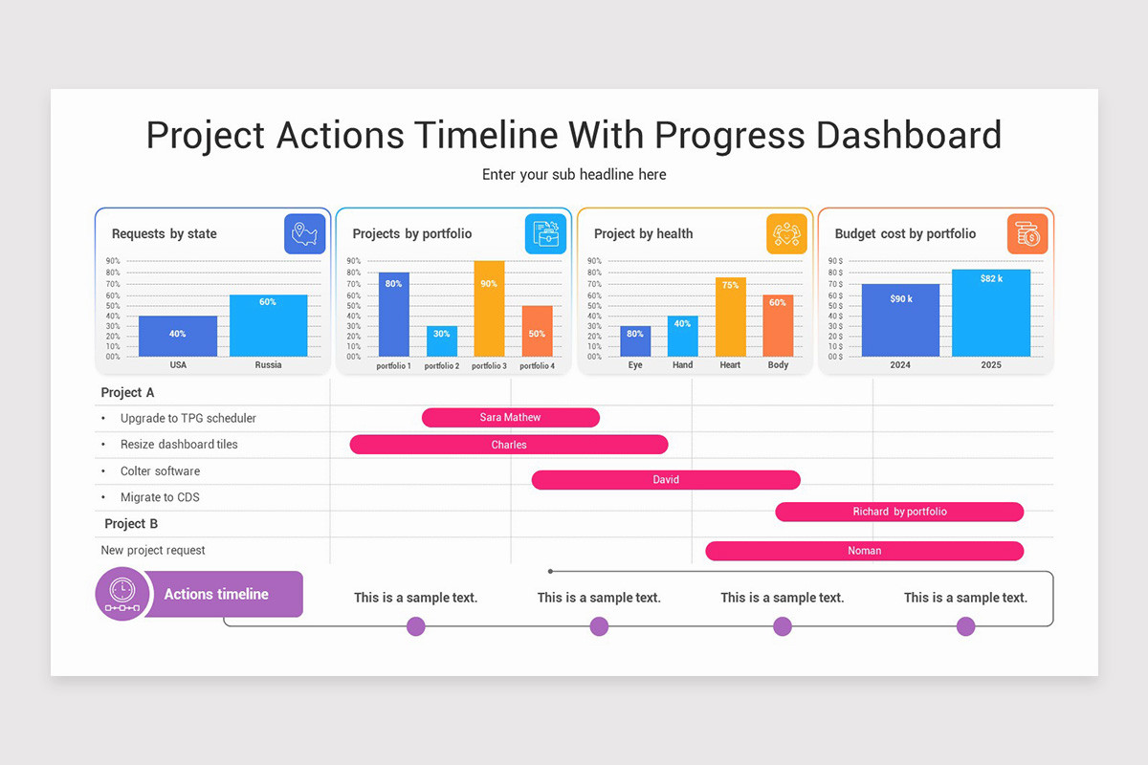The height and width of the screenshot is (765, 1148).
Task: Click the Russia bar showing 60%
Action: (268, 325)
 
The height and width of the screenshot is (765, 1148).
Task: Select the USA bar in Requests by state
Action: (178, 336)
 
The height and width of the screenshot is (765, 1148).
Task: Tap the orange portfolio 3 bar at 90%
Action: (489, 308)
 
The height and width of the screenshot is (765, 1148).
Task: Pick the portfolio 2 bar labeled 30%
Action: (442, 340)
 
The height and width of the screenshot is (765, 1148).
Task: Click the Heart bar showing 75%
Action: (730, 317)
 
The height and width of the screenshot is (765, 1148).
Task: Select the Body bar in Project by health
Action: (778, 325)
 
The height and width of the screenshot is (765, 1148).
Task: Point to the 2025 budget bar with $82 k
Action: (991, 313)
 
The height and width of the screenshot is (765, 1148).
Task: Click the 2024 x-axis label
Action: (900, 365)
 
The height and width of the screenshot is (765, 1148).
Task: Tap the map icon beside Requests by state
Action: (304, 233)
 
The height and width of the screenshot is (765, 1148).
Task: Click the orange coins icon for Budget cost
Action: (1027, 233)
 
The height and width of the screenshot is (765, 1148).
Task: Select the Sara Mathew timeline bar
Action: (510, 417)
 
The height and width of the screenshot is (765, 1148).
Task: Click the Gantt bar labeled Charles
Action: (508, 445)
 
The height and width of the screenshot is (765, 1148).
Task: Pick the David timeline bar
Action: (665, 480)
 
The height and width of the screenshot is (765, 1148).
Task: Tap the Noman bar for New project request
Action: (864, 551)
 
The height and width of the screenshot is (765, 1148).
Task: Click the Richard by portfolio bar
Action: (899, 512)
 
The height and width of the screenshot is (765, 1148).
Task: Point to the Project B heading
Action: (131, 524)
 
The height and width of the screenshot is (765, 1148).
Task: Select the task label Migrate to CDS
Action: (160, 497)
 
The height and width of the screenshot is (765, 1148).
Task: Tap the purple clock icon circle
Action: (122, 594)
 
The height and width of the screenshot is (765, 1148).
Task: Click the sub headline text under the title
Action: (574, 174)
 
